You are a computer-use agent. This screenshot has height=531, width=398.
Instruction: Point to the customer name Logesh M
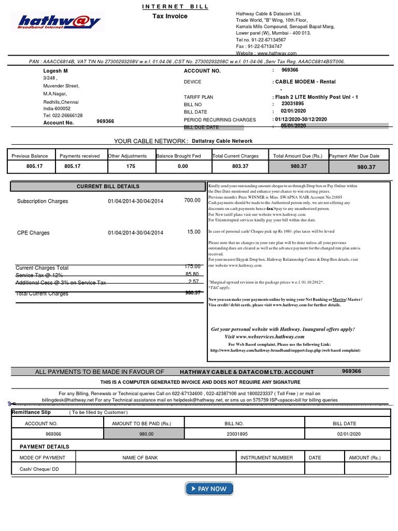coord(55,71)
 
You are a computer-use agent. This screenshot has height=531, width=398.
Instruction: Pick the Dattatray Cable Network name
coord(222,141)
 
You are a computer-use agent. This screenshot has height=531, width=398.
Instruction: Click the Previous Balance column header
coord(30,156)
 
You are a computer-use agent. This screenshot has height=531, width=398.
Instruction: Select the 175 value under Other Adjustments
coord(130,166)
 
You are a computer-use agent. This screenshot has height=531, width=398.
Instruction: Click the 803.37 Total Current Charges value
coord(236,166)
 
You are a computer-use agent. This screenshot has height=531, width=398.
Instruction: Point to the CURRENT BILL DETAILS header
coord(108,186)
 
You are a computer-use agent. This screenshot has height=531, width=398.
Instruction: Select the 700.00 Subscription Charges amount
coord(192,200)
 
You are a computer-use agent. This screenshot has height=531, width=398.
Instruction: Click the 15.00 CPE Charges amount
coord(193,232)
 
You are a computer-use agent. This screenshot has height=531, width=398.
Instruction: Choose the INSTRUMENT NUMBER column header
coord(267,458)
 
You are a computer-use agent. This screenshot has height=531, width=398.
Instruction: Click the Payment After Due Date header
coord(354,156)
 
